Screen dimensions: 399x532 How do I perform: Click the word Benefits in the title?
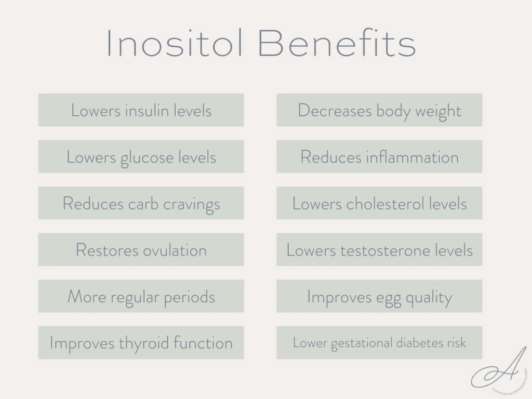coord(337,43)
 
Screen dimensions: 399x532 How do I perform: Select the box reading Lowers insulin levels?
coord(141,110)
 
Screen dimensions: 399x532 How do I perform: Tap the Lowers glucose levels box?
coord(141,156)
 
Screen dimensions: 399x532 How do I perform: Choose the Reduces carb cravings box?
coord(141,203)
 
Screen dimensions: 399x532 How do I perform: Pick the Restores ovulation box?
coord(141,250)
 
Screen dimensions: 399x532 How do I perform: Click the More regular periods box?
coord(141,296)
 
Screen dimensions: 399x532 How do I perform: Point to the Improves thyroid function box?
coord(141,343)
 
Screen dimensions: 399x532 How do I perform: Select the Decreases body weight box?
coord(379,110)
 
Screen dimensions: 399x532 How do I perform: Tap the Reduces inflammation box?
coord(379,156)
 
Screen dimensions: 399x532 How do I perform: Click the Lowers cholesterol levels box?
coord(379,203)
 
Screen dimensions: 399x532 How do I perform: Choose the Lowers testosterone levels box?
coord(379,250)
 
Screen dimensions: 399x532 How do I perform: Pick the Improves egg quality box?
coord(379,296)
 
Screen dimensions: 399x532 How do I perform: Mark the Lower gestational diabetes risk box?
coord(379,343)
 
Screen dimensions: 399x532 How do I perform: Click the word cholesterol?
coord(381,204)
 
